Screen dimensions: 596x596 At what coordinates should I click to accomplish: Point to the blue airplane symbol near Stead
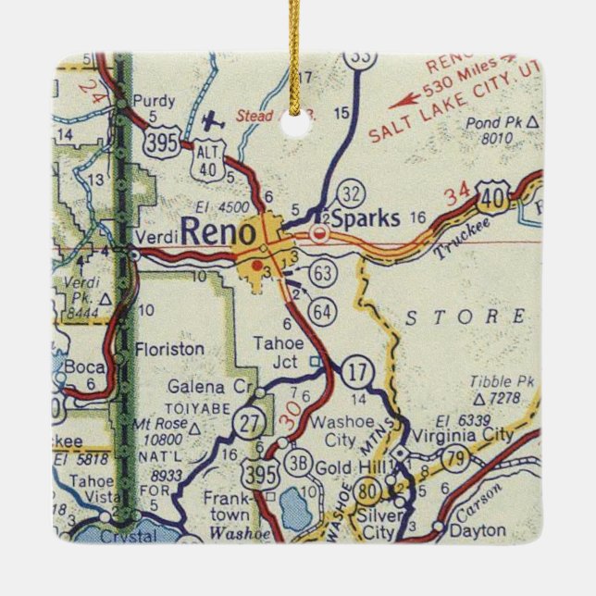(215, 121)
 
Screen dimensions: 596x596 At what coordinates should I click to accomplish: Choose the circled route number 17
(356, 371)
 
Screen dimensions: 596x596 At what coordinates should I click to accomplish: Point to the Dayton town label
(477, 530)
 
